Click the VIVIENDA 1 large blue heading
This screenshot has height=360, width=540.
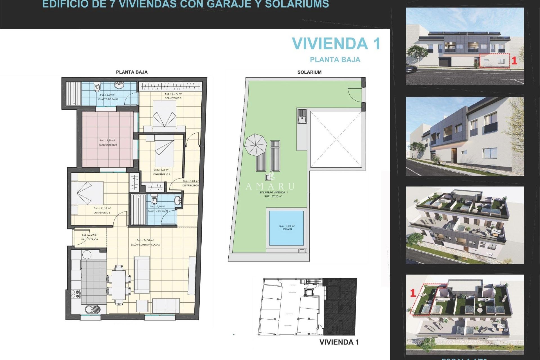(336, 44)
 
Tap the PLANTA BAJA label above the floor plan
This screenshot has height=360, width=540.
(132, 72)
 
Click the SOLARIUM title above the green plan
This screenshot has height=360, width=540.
(309, 72)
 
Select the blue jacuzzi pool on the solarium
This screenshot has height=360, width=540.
(286, 228)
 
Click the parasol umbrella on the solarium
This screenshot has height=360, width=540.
(255, 145)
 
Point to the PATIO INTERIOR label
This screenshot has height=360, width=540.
(108, 145)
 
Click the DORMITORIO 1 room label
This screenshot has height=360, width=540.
(102, 213)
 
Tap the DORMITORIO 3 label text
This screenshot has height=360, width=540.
(173, 98)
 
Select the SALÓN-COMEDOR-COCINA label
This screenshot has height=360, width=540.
(145, 245)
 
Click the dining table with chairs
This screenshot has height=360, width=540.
(119, 285)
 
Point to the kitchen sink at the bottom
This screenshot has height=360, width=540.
(92, 309)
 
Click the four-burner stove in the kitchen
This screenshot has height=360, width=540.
(76, 294)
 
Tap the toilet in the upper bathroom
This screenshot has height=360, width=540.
(97, 87)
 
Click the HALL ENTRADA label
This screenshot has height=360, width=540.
(89, 239)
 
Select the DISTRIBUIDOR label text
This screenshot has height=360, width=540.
(191, 186)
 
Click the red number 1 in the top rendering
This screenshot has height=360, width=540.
(514, 61)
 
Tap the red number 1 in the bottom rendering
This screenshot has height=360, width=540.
(413, 293)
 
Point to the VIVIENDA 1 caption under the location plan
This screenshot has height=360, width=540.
(339, 342)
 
